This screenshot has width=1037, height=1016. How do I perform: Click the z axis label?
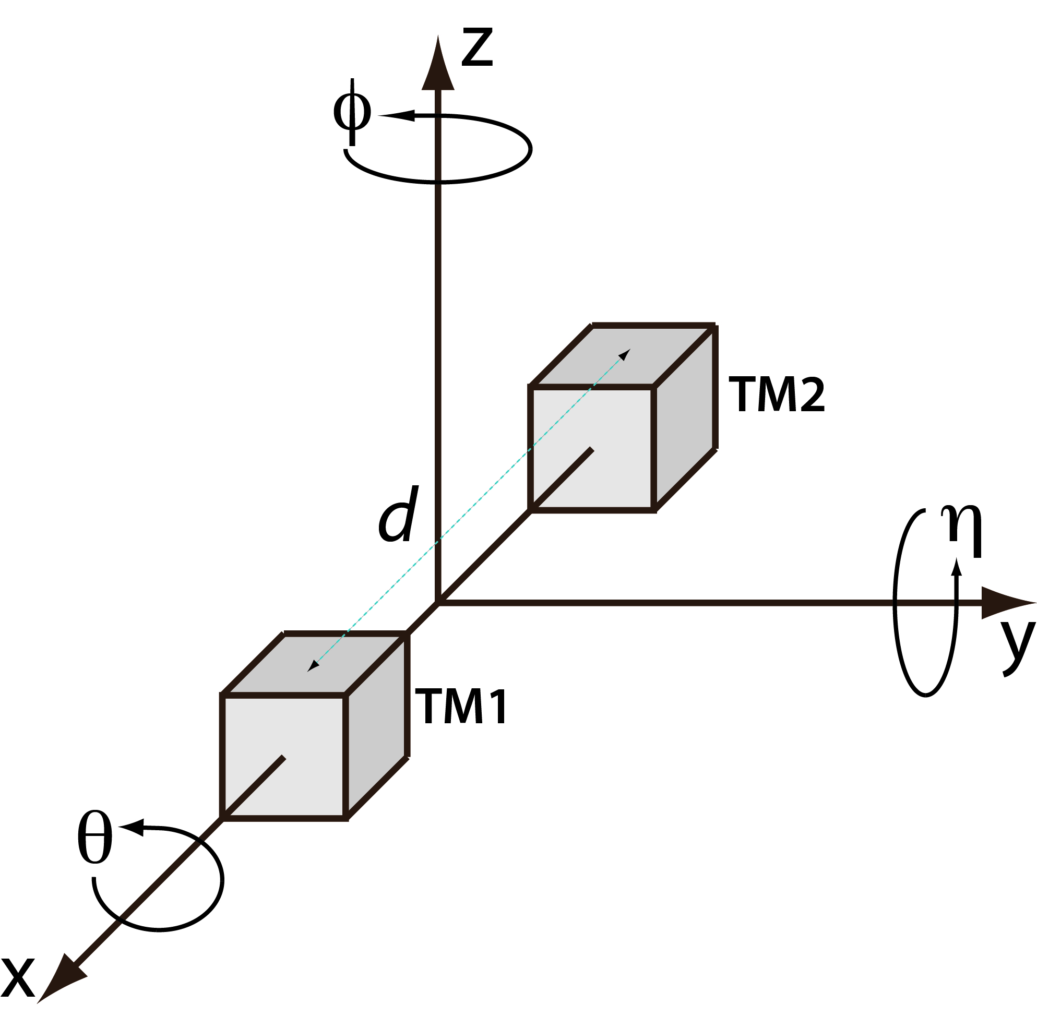(x=476, y=49)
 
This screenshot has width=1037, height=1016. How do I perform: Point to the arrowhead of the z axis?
(x=438, y=63)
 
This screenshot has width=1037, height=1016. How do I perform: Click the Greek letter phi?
(x=352, y=112)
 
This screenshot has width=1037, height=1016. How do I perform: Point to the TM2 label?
(x=777, y=395)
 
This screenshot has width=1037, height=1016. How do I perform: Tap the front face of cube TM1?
(x=284, y=757)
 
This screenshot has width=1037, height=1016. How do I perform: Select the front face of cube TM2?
(x=592, y=449)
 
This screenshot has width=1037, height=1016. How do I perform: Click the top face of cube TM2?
(x=622, y=355)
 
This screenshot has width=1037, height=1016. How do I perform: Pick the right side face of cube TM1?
(x=377, y=726)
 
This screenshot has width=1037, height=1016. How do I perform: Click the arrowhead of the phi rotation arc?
(x=396, y=115)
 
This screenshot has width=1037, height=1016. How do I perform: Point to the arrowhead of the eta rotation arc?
(x=957, y=567)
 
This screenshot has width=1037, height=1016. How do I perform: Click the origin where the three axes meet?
(x=438, y=603)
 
